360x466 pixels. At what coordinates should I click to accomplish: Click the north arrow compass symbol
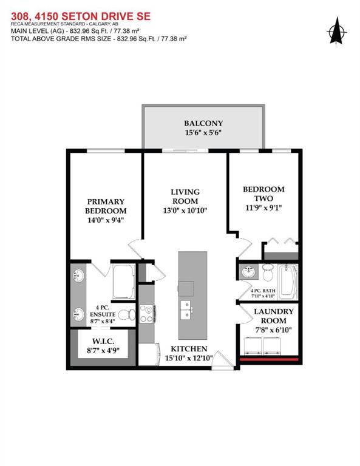click(337, 31)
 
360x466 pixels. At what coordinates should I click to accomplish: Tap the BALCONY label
click(203, 123)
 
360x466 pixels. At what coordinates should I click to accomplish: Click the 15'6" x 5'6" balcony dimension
click(203, 132)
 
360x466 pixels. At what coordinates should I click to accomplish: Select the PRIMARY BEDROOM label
click(106, 206)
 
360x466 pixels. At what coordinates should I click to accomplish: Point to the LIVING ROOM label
click(185, 196)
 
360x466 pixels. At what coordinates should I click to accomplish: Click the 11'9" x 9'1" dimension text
click(263, 208)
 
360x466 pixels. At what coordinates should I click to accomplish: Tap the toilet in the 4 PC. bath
click(268, 272)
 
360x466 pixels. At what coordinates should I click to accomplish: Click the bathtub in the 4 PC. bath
click(288, 282)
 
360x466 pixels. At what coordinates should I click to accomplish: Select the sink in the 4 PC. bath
click(248, 272)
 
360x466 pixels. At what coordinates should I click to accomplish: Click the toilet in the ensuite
click(126, 315)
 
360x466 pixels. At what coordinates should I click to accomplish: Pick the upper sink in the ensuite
click(78, 275)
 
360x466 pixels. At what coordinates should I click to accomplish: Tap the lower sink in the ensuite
click(78, 314)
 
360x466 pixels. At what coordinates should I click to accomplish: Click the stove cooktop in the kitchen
click(147, 314)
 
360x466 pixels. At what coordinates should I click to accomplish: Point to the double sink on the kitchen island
click(186, 309)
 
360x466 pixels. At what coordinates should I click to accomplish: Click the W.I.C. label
click(103, 341)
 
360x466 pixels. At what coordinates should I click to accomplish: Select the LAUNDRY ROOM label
click(274, 316)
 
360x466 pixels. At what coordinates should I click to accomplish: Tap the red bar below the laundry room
click(269, 359)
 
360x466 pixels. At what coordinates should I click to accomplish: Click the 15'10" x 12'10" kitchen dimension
click(189, 358)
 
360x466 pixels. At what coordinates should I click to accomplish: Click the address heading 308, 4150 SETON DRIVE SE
click(81, 16)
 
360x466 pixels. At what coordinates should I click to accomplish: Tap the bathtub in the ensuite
click(124, 282)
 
